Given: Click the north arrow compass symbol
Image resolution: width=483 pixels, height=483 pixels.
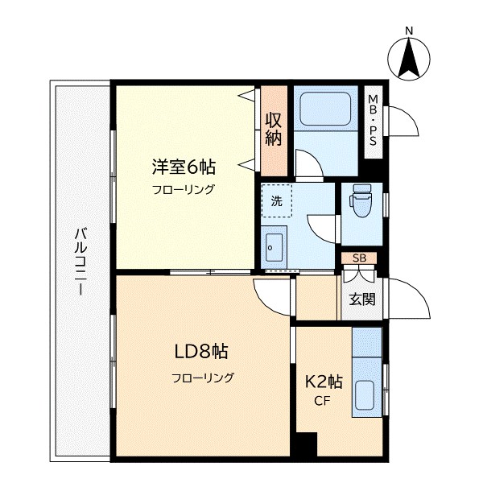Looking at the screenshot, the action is point(409,58).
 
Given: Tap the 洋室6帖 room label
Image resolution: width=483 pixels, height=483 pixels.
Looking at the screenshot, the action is point(184,167).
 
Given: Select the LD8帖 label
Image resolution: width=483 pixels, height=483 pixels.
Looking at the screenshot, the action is point(201,352).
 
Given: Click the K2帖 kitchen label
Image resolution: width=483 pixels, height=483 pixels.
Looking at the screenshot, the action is point(324,382).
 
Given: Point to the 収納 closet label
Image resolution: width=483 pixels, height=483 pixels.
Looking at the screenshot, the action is point(274,129).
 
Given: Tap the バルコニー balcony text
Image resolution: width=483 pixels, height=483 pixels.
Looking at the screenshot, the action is point(81,261).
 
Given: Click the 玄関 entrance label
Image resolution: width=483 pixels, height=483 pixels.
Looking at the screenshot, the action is point(362,299).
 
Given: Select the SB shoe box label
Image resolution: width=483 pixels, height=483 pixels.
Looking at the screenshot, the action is point(360,258).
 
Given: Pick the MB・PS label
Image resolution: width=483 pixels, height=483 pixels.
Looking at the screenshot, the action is point(373,120).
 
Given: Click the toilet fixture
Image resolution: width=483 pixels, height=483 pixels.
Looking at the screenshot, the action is point(361,200).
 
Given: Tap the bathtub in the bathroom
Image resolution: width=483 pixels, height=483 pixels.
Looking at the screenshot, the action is point(325,109).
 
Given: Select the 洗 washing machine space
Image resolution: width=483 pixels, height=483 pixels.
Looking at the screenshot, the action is point(276,200).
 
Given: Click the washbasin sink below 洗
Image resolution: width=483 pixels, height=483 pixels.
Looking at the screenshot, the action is point(274,247).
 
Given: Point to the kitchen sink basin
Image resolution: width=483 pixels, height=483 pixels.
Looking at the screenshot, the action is point(365,395).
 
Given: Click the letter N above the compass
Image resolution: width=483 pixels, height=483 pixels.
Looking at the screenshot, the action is point(409,31).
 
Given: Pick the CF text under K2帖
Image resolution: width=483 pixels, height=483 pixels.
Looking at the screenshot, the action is point(322,401).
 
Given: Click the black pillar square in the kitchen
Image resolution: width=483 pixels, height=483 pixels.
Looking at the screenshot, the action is point(306,444).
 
